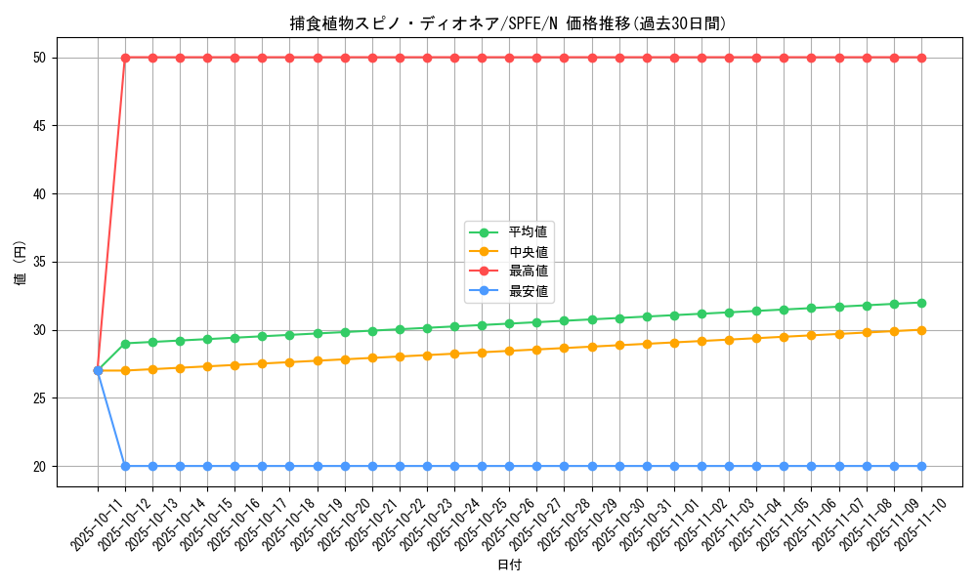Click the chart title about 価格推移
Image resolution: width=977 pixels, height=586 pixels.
coord(508,23)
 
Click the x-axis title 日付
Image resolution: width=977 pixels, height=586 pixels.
coord(509,565)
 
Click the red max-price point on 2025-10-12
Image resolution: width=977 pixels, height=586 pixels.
coord(125,58)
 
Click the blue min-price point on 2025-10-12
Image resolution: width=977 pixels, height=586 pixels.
coord(125,466)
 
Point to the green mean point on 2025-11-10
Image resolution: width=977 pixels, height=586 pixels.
coord(921,303)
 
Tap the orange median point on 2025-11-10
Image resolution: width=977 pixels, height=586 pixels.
coord(921,330)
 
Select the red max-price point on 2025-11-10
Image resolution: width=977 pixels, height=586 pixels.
coord(921,58)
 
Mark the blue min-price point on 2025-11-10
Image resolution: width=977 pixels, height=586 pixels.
coord(921,466)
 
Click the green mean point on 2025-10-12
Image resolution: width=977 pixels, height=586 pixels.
coord(125,344)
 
